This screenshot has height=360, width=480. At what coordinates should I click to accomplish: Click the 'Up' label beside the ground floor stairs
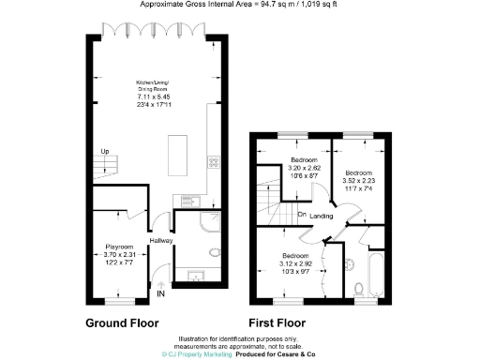click(104, 152)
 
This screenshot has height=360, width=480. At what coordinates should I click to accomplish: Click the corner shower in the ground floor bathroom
click(211, 222)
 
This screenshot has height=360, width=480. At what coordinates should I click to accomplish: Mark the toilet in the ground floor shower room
click(213, 251)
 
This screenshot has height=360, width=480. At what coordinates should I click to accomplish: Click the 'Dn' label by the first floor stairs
click(303, 215)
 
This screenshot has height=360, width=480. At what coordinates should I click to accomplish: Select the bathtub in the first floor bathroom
click(371, 273)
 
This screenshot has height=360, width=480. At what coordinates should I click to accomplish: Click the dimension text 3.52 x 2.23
click(358, 182)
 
